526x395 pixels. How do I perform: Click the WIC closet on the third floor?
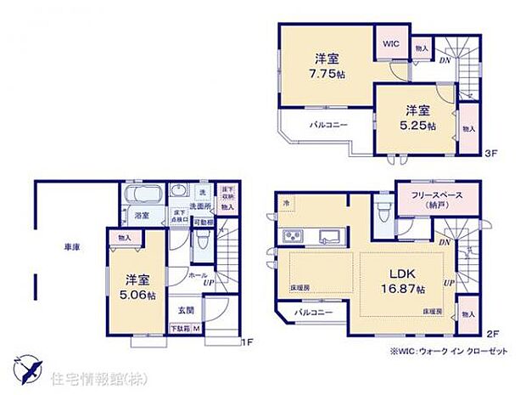[391, 41]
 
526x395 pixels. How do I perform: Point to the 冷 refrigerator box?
[286, 204]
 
